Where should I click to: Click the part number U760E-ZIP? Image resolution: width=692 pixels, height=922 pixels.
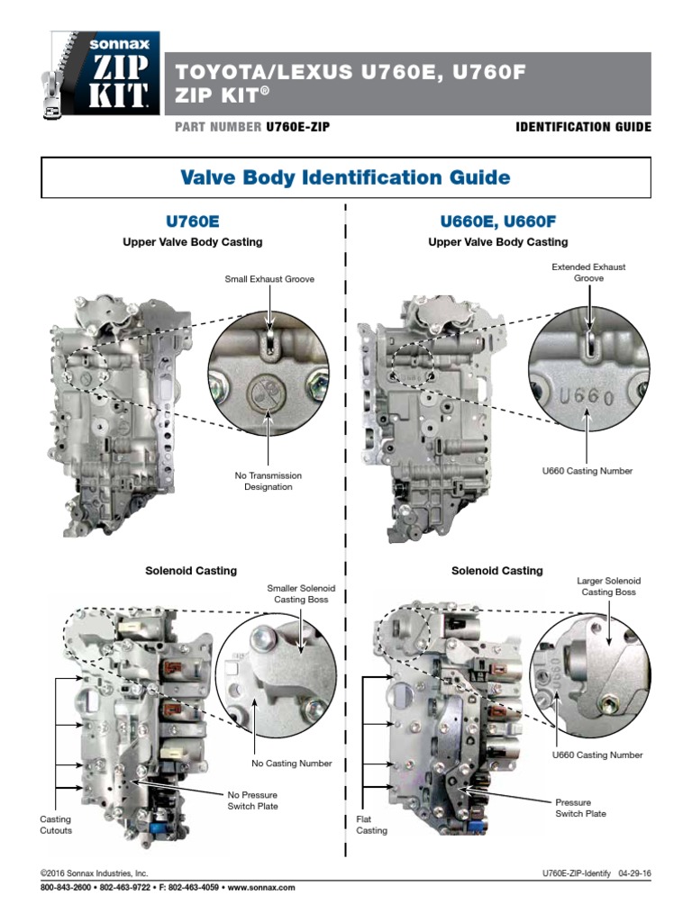click(296, 127)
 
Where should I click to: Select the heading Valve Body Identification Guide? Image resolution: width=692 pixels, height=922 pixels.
click(346, 177)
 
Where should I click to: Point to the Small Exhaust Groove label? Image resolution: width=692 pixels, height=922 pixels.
click(269, 280)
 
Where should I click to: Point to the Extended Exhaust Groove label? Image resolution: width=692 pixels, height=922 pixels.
click(587, 273)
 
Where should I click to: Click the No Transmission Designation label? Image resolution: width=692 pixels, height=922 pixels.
click(269, 481)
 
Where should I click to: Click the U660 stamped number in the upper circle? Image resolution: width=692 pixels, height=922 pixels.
click(587, 397)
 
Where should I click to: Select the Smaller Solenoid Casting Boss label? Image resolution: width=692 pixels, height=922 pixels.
click(297, 593)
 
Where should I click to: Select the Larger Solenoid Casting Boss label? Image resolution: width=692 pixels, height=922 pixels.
click(608, 586)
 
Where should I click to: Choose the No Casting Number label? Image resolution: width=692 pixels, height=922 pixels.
click(292, 764)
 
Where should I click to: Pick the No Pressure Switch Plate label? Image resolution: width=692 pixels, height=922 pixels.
click(252, 800)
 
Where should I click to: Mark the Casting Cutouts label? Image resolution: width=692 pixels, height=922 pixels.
click(56, 825)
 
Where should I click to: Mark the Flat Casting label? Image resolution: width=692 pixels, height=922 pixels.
click(371, 825)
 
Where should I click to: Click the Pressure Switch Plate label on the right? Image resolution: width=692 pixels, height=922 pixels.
click(580, 807)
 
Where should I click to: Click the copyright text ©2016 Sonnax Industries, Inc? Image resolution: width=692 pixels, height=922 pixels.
click(95, 873)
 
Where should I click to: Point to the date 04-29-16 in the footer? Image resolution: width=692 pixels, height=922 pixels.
click(634, 873)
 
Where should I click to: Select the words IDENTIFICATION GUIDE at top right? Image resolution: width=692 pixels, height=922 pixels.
click(582, 127)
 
